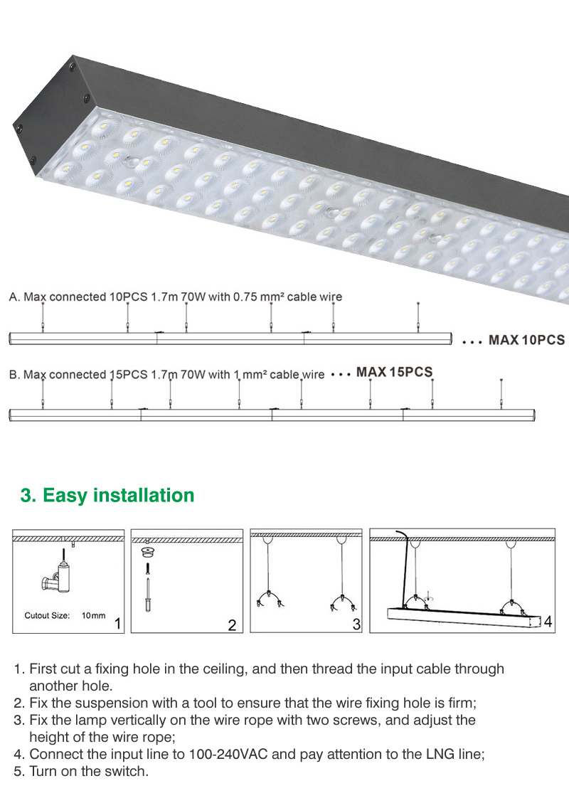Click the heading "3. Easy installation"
pos(107,496)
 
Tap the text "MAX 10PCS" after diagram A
pos(527,340)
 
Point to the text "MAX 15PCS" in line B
pos(395,372)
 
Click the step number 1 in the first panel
pos(117,623)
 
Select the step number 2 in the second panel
pos(232,625)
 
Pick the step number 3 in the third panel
pos(356,624)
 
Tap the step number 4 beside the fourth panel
pos(548,622)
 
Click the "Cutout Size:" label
pos(48,615)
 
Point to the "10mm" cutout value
pos(94,615)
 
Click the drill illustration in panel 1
pos(57,575)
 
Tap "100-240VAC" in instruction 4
pos(228,754)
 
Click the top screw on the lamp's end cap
pos(73,65)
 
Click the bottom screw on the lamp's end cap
pos(35,160)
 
